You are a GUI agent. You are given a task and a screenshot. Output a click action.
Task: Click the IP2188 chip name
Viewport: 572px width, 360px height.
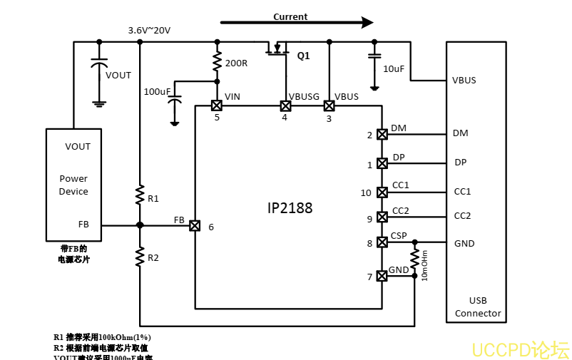pos(290,208)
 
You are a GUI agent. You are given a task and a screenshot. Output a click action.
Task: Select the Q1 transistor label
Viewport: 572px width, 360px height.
pos(303,56)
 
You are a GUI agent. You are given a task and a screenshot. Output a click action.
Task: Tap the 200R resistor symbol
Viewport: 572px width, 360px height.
pos(217,63)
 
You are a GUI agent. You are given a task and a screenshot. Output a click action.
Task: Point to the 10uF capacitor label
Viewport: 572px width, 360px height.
pos(394,69)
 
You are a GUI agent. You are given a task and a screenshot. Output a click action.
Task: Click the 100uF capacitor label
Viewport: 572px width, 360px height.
pos(157,92)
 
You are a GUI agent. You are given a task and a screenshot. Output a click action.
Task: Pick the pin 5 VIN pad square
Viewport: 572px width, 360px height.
pos(217,106)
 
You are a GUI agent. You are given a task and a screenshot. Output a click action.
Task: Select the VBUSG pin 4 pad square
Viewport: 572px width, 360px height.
pos(285,106)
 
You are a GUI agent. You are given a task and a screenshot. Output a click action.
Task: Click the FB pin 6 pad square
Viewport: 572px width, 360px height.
pos(195,225)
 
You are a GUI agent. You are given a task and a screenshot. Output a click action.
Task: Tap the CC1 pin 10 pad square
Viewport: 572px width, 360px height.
pos(382,192)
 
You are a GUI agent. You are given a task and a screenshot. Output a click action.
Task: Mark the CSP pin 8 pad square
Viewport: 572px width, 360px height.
pos(382,242)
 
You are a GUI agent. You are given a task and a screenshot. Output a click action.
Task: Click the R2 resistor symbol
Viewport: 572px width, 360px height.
pos(140,255)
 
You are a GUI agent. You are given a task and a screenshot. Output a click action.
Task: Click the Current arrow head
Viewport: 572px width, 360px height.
pos(367,22)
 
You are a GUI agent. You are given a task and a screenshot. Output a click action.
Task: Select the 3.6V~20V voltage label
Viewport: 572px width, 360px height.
pos(149,31)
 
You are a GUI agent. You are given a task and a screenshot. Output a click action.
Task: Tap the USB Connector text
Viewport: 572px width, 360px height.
pos(478,307)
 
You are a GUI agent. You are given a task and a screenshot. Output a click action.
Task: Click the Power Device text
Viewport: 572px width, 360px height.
pos(73,185)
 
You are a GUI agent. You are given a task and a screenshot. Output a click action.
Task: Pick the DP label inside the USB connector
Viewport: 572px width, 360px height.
pos(460,163)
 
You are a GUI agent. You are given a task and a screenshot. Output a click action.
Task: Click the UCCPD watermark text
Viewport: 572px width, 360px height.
pos(520,350)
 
